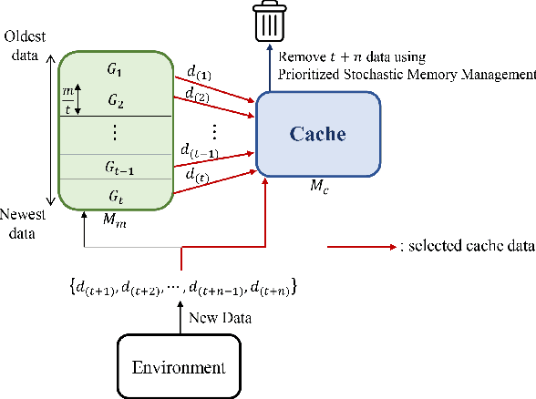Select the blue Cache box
[x=318, y=134]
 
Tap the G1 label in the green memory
[x=115, y=68]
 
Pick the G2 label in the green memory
[x=115, y=99]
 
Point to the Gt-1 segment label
[x=115, y=167]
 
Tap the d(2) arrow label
[x=195, y=95]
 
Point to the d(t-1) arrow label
[x=198, y=150]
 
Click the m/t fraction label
[x=67, y=99]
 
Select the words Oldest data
[x=20, y=45]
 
